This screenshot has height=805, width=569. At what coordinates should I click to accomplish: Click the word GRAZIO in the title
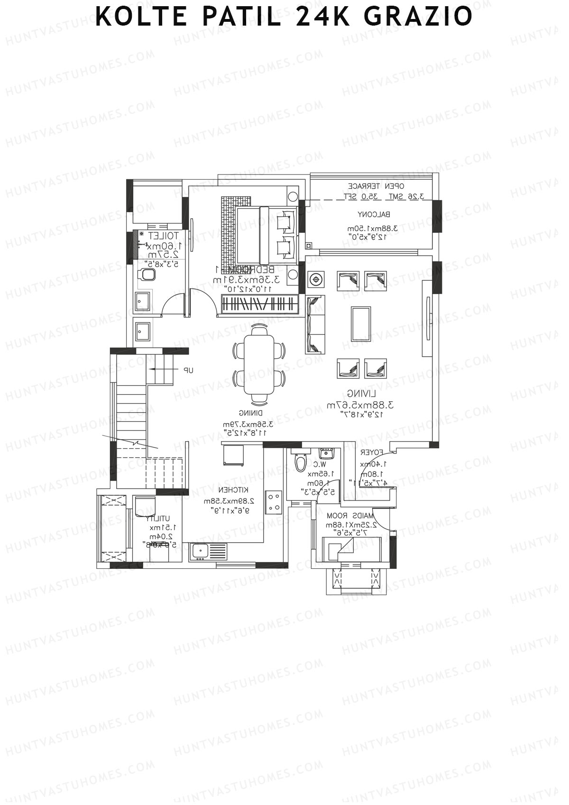(418, 17)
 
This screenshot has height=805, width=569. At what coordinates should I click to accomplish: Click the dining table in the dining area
(259, 364)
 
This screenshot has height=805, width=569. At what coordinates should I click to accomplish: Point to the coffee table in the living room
(361, 324)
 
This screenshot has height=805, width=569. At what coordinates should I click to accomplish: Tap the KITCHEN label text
(234, 490)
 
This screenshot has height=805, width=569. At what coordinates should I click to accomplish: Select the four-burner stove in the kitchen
(274, 502)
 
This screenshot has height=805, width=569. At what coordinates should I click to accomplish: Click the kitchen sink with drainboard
(209, 552)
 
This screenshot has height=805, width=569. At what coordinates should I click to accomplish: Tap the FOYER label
(372, 453)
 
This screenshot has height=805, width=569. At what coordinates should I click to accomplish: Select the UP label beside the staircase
(189, 370)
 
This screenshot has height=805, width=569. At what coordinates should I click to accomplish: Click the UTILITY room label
(161, 519)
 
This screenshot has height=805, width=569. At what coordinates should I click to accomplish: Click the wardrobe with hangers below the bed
(260, 304)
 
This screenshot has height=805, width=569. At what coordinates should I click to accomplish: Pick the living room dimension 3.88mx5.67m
(360, 405)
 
